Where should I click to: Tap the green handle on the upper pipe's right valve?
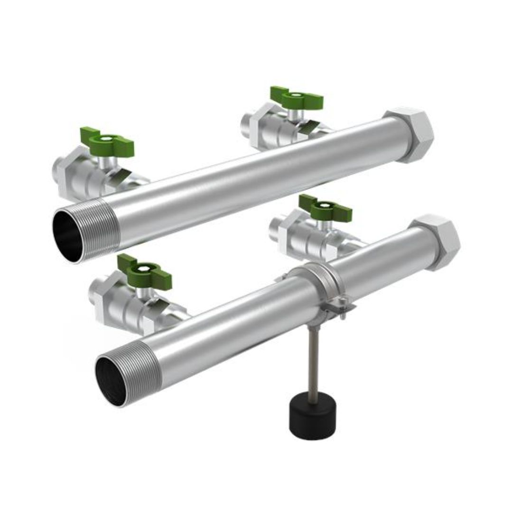(296, 98)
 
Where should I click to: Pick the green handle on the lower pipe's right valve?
(326, 207)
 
